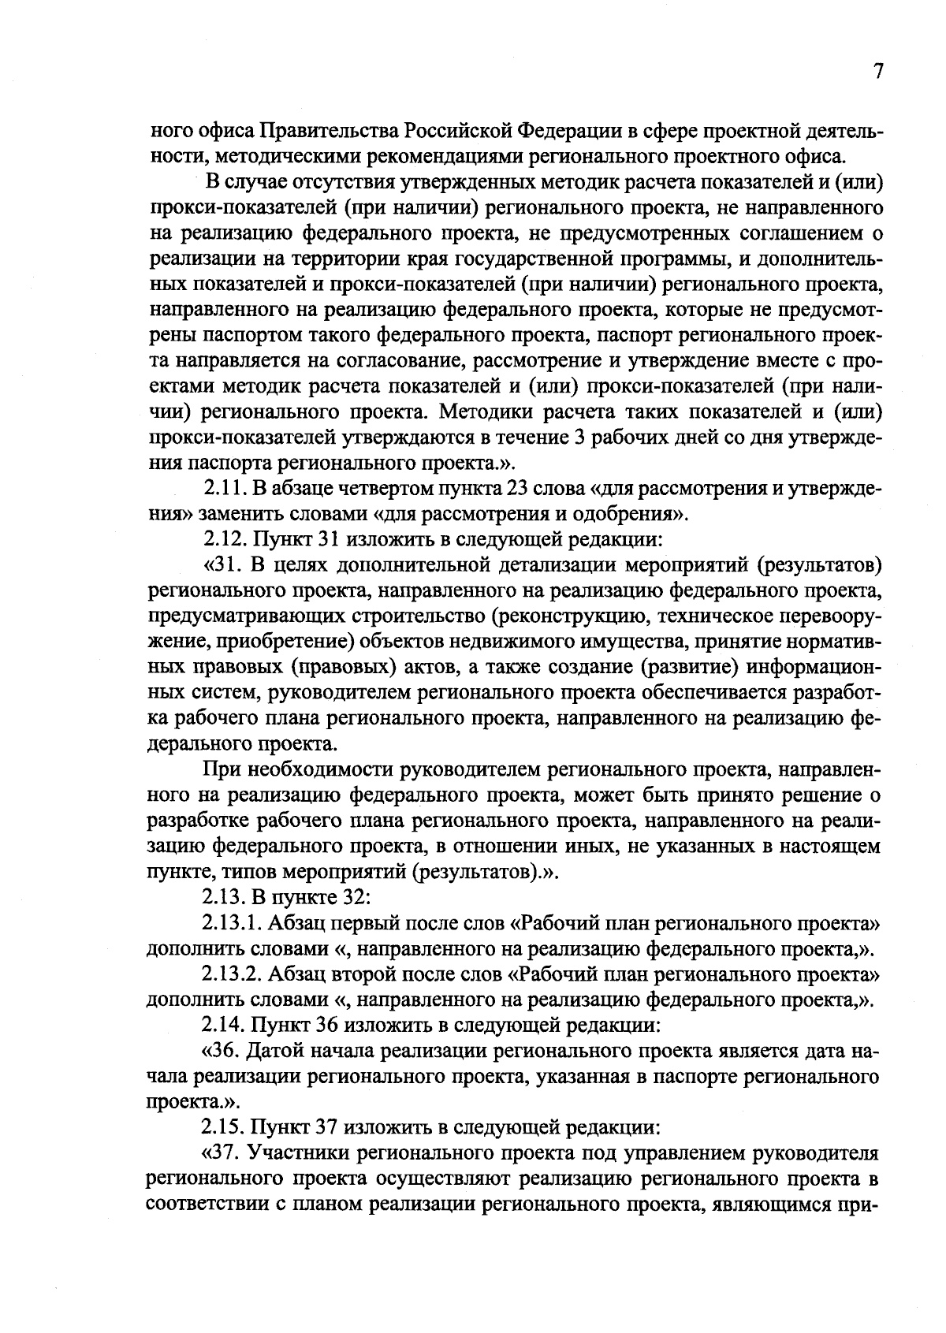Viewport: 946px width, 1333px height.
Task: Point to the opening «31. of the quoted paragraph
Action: pyautogui.click(x=226, y=566)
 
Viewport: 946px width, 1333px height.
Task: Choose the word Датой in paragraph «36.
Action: pyautogui.click(x=281, y=1051)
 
